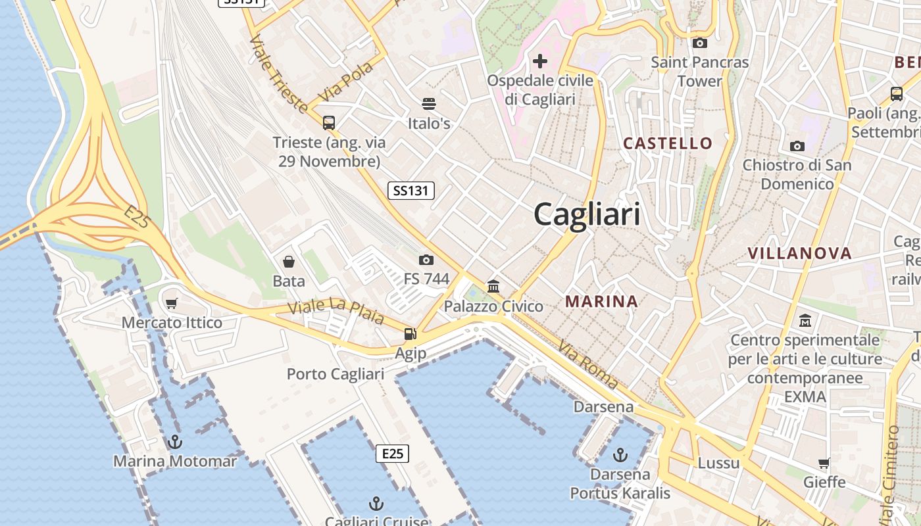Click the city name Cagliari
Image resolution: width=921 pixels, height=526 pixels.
586,214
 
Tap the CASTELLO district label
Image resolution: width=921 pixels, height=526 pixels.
668,143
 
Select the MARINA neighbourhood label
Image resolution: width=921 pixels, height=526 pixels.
602,302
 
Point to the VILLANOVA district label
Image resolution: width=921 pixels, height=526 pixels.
799,253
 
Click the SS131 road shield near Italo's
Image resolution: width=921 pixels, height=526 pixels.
411,191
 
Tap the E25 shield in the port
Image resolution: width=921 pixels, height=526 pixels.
392,454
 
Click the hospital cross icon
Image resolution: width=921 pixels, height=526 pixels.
540,61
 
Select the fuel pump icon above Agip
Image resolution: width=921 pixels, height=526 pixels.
411,334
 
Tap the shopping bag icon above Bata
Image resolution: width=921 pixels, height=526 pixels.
288,262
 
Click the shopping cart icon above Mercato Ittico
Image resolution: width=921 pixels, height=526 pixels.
172,303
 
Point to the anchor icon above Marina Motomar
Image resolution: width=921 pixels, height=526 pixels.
174,441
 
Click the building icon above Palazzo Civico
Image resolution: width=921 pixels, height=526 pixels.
493,286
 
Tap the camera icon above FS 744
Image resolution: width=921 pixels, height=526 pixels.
426,260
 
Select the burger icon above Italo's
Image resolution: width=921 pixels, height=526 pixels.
429,104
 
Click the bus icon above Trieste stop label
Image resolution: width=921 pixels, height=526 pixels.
329,122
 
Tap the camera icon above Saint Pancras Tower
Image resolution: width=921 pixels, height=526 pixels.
700,43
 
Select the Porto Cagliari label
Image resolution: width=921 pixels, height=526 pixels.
336,374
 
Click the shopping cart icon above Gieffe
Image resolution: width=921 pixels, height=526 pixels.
824,463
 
